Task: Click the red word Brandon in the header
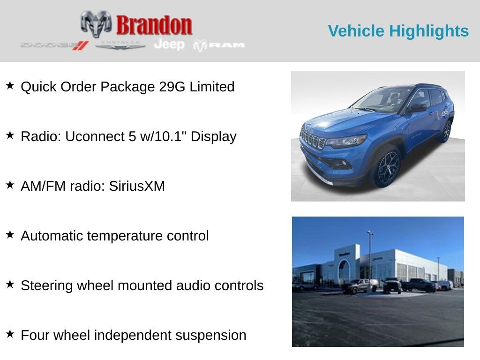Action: [x=154, y=25]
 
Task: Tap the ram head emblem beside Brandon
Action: [x=96, y=23]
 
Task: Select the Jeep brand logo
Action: [x=169, y=44]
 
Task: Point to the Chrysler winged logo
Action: [x=120, y=45]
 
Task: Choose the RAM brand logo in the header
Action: [x=219, y=45]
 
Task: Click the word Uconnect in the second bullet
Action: [x=94, y=136]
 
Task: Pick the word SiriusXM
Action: [x=137, y=186]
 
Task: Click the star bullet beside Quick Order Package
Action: [x=10, y=86]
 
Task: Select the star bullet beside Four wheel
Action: [x=10, y=334]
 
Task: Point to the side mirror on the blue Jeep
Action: [x=418, y=108]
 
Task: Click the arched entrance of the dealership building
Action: [x=345, y=272]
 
